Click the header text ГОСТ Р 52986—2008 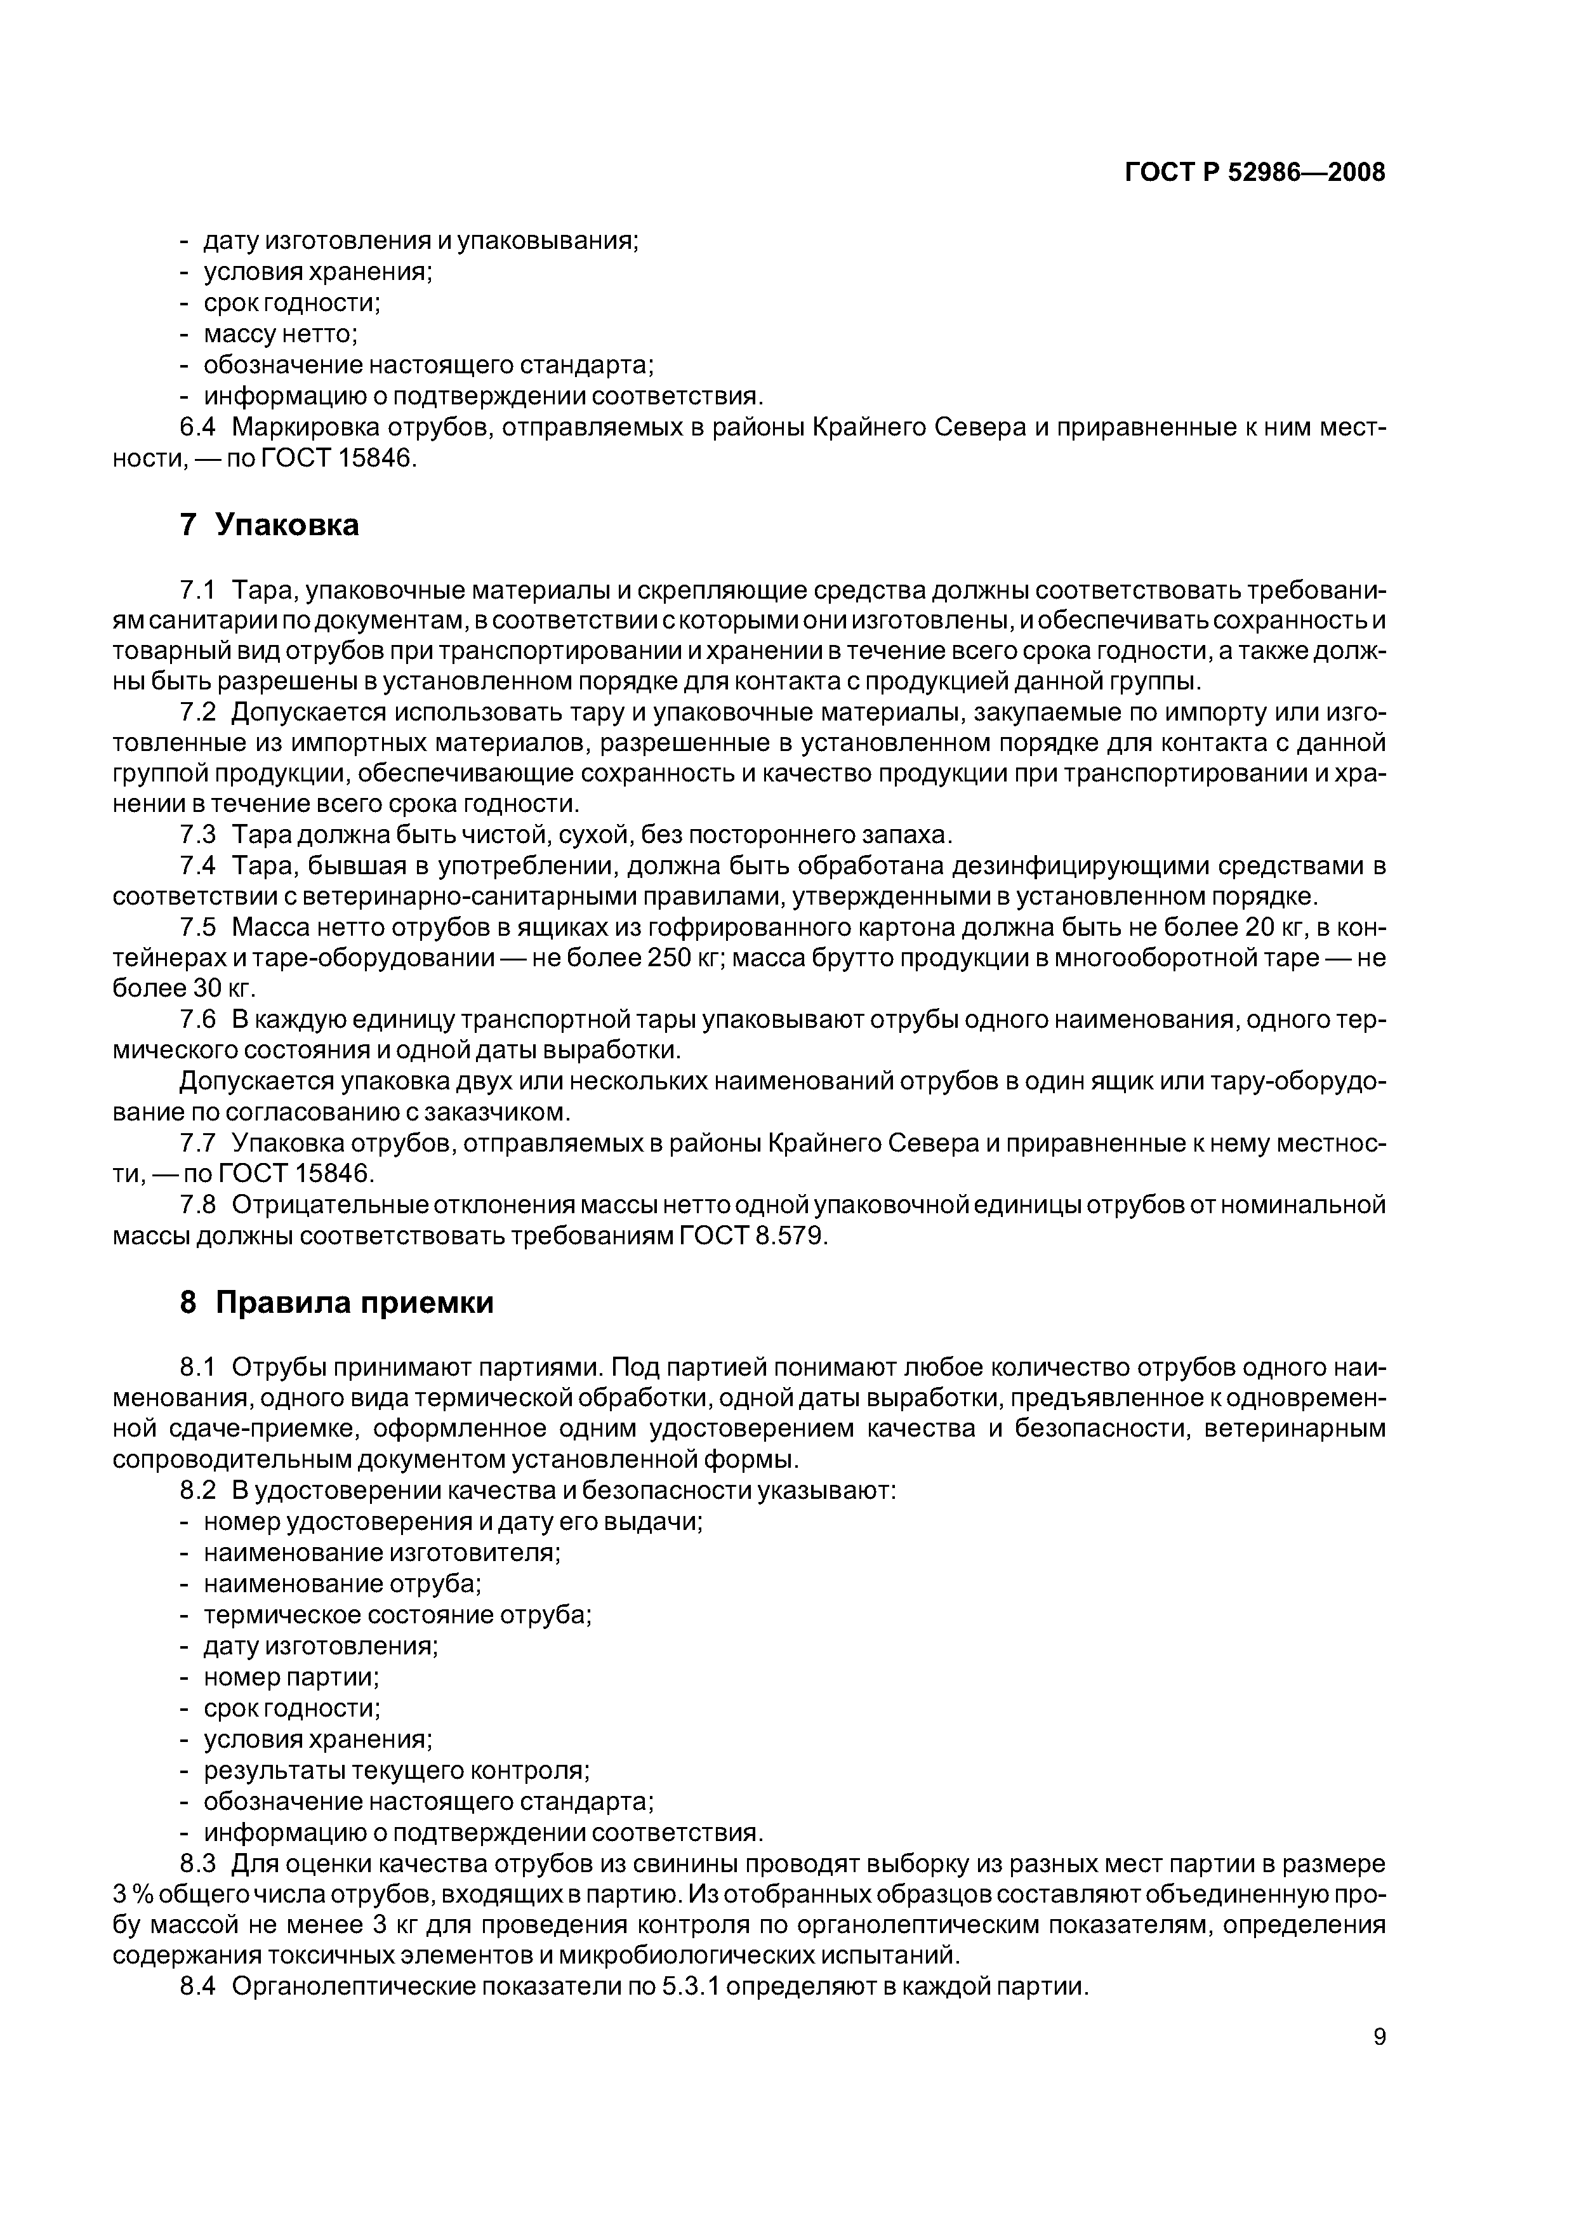coord(1255,173)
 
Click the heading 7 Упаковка coord(270,525)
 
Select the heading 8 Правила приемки coord(336,1303)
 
